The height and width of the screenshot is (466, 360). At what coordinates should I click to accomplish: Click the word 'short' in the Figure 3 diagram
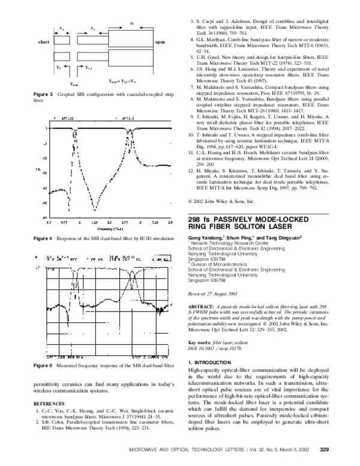pos(43,43)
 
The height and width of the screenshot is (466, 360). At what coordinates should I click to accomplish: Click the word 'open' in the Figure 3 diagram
pos(160,43)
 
